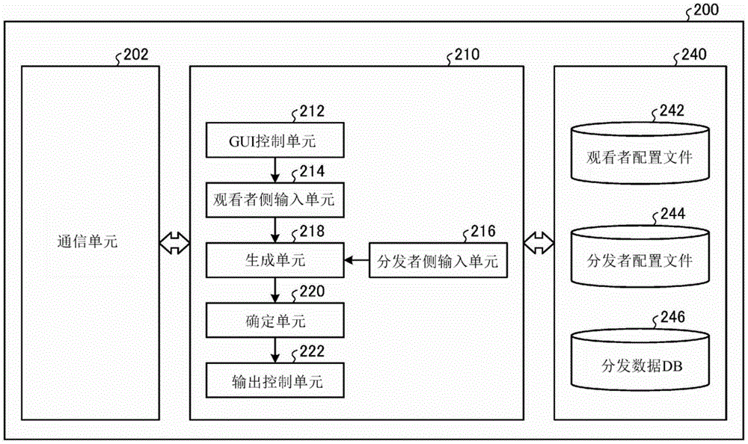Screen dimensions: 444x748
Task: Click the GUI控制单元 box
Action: click(x=278, y=140)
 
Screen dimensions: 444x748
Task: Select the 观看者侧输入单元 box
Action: click(x=278, y=200)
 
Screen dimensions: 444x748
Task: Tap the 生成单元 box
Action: click(x=278, y=261)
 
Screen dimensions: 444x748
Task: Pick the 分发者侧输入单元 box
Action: click(x=438, y=261)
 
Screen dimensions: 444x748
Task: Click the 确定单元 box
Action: click(x=278, y=322)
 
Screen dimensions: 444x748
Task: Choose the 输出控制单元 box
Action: click(x=278, y=382)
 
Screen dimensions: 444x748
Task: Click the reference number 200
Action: click(x=706, y=10)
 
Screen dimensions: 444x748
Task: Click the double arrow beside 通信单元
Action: click(x=174, y=242)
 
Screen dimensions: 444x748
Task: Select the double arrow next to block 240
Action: click(x=538, y=242)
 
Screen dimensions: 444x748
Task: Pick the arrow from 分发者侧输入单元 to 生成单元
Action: click(x=356, y=261)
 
